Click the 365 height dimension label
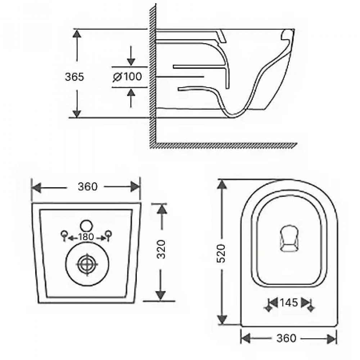pyautogui.click(x=75, y=77)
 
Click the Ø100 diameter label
pyautogui.click(x=127, y=77)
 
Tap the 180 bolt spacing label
pyautogui.click(x=86, y=237)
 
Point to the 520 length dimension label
pyautogui.click(x=221, y=253)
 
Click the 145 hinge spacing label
pyautogui.click(x=289, y=303)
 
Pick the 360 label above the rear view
pyautogui.click(x=88, y=186)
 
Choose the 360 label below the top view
pyautogui.click(x=286, y=338)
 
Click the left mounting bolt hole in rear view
pyautogui.click(x=64, y=234)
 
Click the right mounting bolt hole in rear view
pyautogui.click(x=108, y=234)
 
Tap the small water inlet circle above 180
pyautogui.click(x=86, y=226)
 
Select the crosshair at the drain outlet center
pyautogui.click(x=87, y=264)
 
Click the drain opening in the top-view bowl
pyautogui.click(x=289, y=239)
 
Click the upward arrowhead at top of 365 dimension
pyautogui.click(x=77, y=33)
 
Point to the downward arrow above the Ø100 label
pyautogui.click(x=131, y=56)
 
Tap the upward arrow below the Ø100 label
pyautogui.click(x=131, y=98)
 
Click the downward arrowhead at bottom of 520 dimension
pyautogui.click(x=221, y=319)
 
